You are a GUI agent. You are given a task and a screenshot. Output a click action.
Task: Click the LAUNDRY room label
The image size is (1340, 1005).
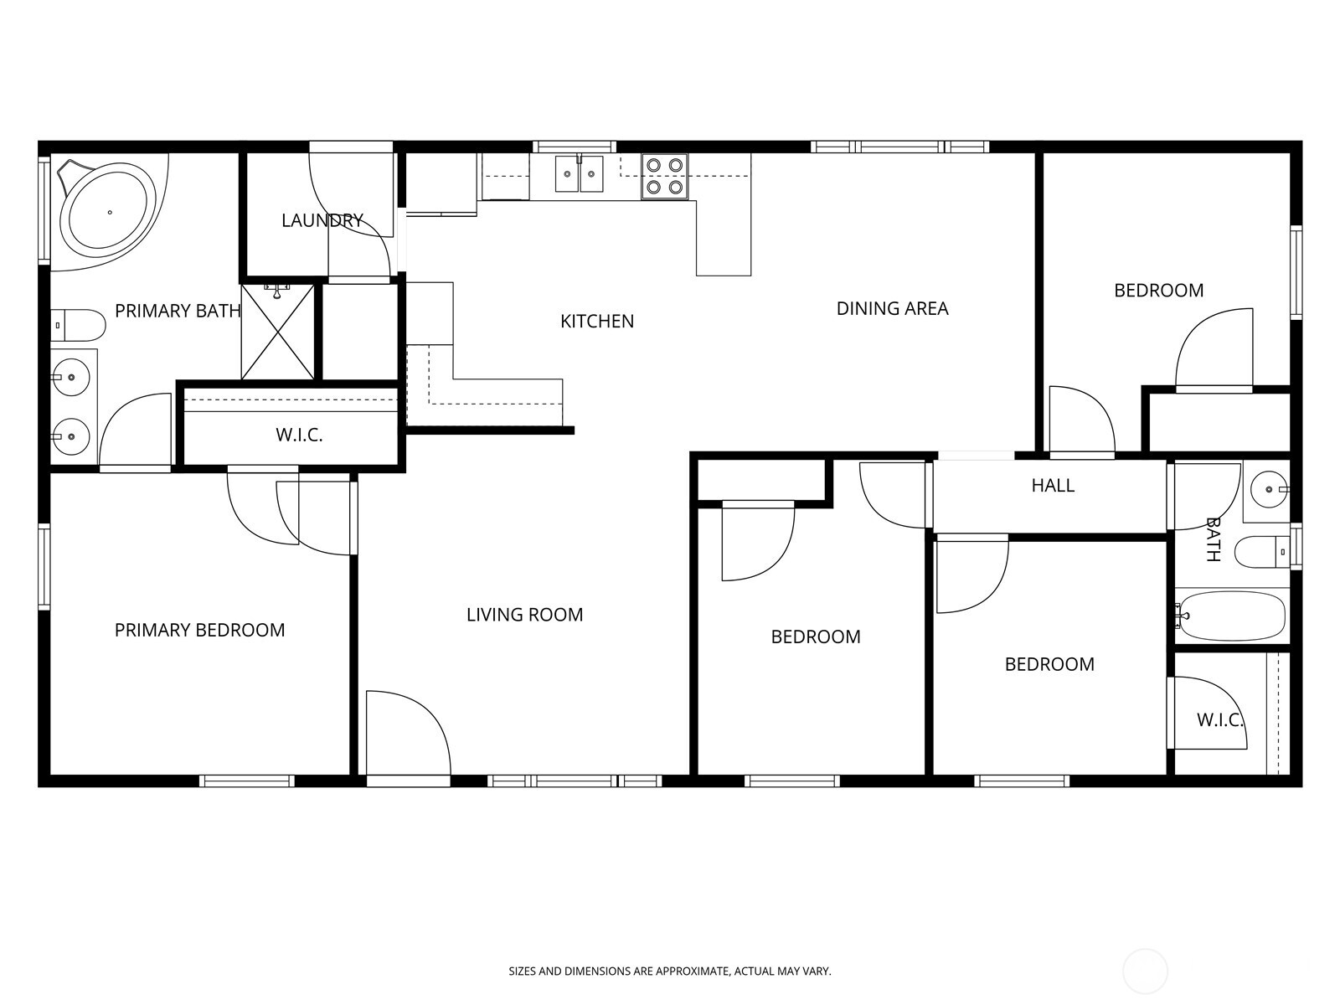pyautogui.click(x=322, y=220)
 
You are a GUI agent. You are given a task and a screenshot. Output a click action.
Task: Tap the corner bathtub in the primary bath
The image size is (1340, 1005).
pyautogui.click(x=106, y=212)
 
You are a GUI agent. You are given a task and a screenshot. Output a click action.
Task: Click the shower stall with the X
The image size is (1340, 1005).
pyautogui.click(x=278, y=332)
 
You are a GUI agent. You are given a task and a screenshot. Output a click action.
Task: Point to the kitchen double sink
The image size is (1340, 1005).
pyautogui.click(x=580, y=174)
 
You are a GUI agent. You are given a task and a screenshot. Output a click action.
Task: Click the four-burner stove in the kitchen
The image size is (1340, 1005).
pyautogui.click(x=664, y=176)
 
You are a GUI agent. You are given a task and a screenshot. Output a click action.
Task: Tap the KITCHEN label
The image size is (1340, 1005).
pyautogui.click(x=596, y=321)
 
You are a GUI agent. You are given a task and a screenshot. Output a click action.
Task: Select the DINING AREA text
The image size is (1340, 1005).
pyautogui.click(x=892, y=308)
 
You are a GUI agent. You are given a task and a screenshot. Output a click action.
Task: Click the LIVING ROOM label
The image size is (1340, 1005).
pyautogui.click(x=524, y=615)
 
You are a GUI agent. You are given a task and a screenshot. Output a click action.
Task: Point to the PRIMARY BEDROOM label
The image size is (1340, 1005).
pyautogui.click(x=199, y=630)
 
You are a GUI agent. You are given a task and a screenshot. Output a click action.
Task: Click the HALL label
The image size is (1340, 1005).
pyautogui.click(x=1053, y=486)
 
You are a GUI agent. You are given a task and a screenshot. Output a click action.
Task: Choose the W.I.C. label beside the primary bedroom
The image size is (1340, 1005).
pyautogui.click(x=299, y=435)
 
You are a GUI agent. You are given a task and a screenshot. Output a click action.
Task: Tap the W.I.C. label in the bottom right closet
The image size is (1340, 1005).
pyautogui.click(x=1219, y=720)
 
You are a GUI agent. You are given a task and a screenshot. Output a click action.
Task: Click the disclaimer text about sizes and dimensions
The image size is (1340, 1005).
pyautogui.click(x=670, y=971)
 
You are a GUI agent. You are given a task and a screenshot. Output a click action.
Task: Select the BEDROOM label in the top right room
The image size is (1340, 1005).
pyautogui.click(x=1158, y=291)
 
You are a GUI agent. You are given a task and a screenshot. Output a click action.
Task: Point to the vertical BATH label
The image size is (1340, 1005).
pyautogui.click(x=1213, y=539)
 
